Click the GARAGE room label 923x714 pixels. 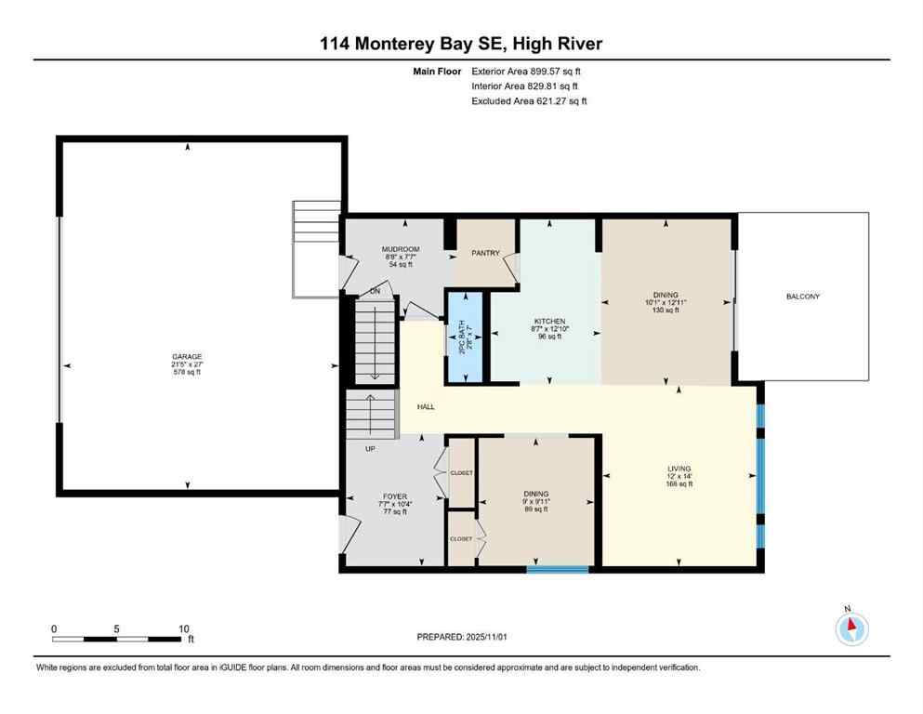[186, 357]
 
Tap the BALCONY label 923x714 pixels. [802, 297]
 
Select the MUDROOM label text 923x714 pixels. [401, 249]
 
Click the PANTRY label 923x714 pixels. [485, 253]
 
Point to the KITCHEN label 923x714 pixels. [549, 321]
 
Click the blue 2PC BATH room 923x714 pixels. [464, 337]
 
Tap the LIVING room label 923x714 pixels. [679, 469]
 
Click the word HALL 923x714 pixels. [426, 407]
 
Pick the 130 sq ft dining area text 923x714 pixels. [665, 310]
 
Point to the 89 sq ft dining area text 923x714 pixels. [535, 509]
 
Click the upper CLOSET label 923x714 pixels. [461, 473]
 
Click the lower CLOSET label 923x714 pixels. [461, 538]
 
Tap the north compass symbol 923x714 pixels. [851, 629]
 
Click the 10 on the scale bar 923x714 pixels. [184, 628]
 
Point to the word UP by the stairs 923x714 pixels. [370, 449]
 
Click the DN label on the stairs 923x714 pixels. [376, 291]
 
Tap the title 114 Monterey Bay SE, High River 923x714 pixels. [461, 44]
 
